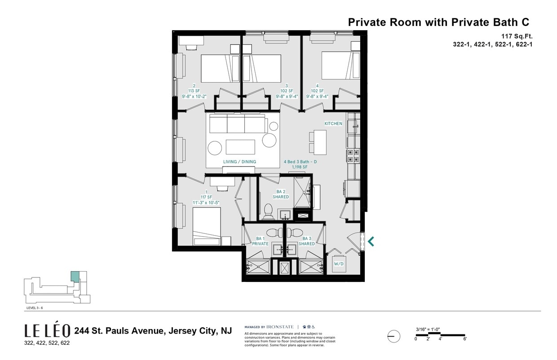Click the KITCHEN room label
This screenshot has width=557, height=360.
tap(333, 123)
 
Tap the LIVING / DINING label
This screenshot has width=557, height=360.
tap(239, 162)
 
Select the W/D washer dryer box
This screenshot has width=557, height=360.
tap(338, 264)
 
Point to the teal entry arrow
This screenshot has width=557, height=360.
tap(371, 241)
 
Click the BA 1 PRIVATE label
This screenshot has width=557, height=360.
tap(260, 241)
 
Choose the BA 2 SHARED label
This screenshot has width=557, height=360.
tap(282, 194)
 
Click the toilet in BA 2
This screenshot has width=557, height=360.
tap(268, 211)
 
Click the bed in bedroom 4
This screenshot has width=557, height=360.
tap(340, 66)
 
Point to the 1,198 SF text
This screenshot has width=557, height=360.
tap(299, 167)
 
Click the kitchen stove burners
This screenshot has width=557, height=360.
tap(352, 155)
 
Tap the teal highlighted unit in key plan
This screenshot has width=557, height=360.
tap(75, 277)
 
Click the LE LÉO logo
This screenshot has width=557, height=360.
tap(47, 331)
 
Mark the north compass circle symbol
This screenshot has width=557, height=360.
tap(393, 336)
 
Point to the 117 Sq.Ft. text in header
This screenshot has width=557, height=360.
tap(517, 36)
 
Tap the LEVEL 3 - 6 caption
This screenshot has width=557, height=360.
tap(35, 308)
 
